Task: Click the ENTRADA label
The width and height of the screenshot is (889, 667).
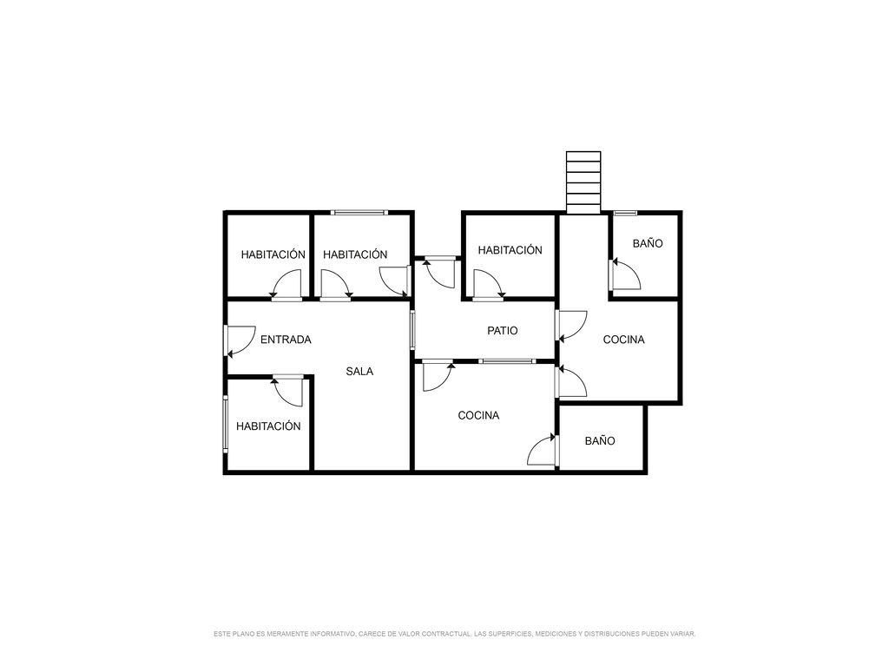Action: pos(286,340)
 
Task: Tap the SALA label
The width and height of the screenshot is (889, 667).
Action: pos(359,372)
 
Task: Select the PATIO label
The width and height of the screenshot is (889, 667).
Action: pos(503,331)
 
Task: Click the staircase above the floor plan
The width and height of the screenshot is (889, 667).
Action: pos(583,182)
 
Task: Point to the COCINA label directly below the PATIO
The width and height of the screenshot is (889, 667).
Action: pos(478,416)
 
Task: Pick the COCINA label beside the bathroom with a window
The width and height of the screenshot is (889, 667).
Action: pos(623,340)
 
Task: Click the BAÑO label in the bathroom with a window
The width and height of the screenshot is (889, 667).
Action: pos(648,243)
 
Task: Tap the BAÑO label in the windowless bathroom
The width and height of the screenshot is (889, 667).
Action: pos(600,440)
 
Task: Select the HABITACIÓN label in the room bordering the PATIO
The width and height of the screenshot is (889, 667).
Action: pos(510,250)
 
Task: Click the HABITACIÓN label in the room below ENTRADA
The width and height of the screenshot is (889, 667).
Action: pos(268,426)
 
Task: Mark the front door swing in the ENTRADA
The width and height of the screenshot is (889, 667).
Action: pos(240,340)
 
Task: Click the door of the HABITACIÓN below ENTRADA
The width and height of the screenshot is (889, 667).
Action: pos(288,391)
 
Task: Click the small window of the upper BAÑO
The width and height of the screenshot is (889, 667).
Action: pos(625,214)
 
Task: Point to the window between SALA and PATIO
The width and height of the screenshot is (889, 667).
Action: pos(412,329)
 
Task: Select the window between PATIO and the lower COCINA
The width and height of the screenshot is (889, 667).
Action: pos(506,361)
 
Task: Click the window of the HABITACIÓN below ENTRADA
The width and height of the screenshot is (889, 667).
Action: pos(225,424)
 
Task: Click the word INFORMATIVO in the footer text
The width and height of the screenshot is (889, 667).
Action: pos(333,634)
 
